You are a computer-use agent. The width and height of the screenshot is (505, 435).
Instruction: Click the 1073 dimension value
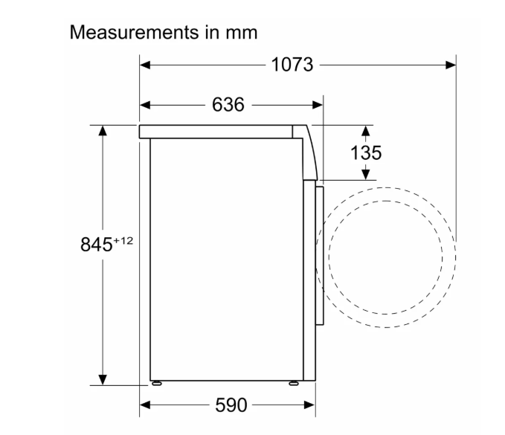(292, 65)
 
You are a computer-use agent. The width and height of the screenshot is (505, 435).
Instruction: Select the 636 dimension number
(228, 105)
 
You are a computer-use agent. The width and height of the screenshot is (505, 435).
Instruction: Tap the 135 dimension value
(366, 152)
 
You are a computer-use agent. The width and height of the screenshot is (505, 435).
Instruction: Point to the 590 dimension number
(231, 405)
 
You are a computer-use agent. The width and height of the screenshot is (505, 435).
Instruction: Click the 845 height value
(96, 245)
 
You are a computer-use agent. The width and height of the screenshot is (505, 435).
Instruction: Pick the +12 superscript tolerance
(123, 240)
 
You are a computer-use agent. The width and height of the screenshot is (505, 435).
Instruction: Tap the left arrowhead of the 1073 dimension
(145, 65)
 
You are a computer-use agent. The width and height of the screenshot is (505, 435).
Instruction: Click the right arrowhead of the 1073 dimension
(451, 65)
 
